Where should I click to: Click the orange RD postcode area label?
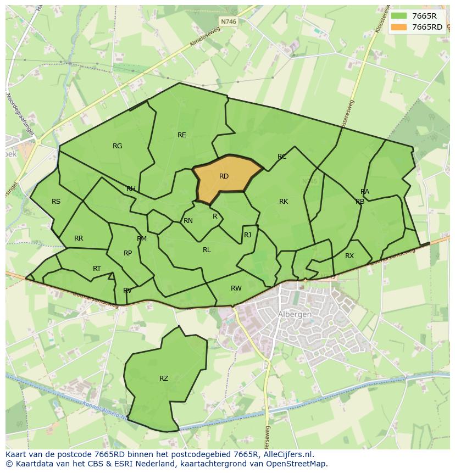[224, 176]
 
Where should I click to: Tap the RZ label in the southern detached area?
[164, 379]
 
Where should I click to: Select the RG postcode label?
[117, 146]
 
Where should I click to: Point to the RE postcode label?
[181, 135]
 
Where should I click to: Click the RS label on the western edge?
[56, 202]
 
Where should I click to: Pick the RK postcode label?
[284, 202]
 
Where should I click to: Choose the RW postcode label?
[236, 288]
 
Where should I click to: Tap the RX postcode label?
[349, 256]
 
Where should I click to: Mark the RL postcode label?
[207, 250]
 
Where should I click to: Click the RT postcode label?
[97, 269]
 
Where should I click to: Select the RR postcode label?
[79, 238]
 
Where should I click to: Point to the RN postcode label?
[188, 221]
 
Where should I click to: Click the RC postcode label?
[282, 157]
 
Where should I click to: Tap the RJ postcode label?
[247, 235]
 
